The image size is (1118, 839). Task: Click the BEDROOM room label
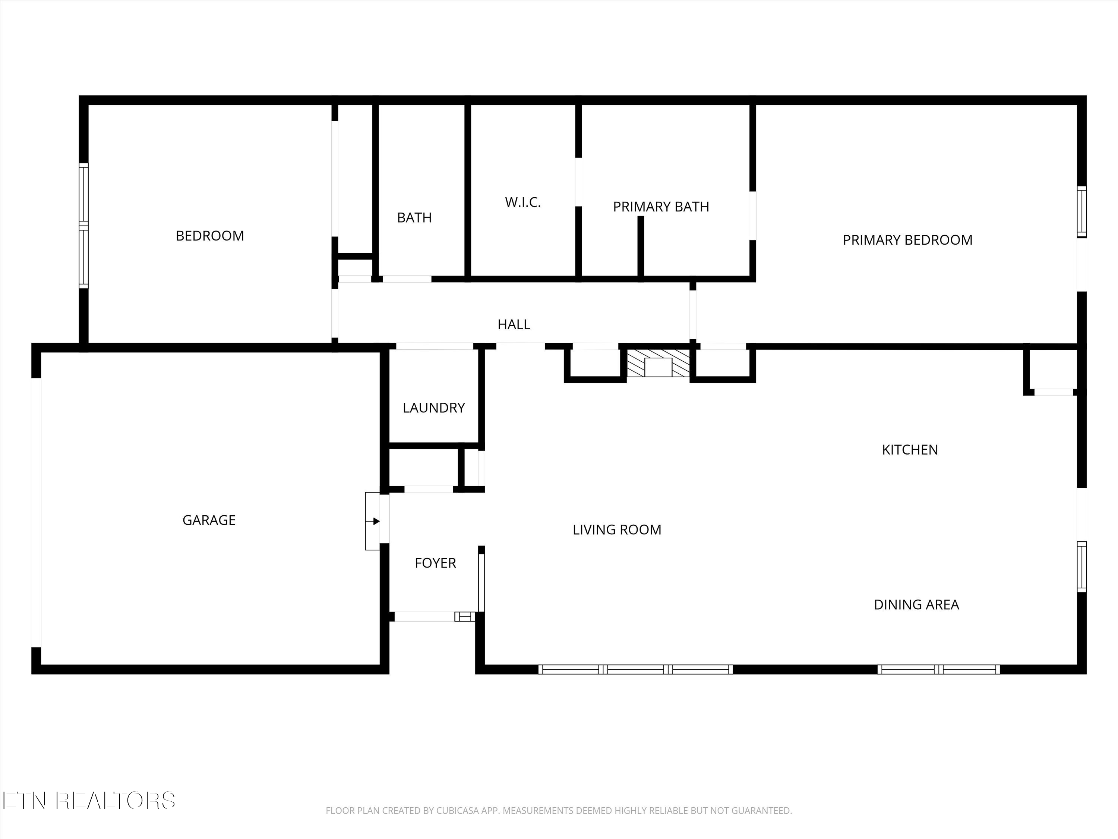pyautogui.click(x=210, y=236)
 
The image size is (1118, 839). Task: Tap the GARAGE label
pyautogui.click(x=209, y=520)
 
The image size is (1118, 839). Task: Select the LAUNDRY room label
pyautogui.click(x=434, y=408)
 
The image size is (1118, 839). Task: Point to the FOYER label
pyautogui.click(x=435, y=563)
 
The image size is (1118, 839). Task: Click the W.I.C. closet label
pyautogui.click(x=522, y=202)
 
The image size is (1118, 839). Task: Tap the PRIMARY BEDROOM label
pyautogui.click(x=907, y=240)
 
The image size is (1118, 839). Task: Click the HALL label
pyautogui.click(x=514, y=324)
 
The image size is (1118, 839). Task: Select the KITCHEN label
pyautogui.click(x=910, y=450)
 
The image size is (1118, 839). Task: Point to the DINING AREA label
pyautogui.click(x=916, y=604)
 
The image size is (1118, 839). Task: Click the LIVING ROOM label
pyautogui.click(x=617, y=530)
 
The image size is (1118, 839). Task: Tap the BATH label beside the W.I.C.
pyautogui.click(x=414, y=217)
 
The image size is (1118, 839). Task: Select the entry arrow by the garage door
pyautogui.click(x=375, y=521)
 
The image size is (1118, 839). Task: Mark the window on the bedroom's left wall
pyautogui.click(x=83, y=226)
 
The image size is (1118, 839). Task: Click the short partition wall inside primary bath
pyautogui.click(x=640, y=246)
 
